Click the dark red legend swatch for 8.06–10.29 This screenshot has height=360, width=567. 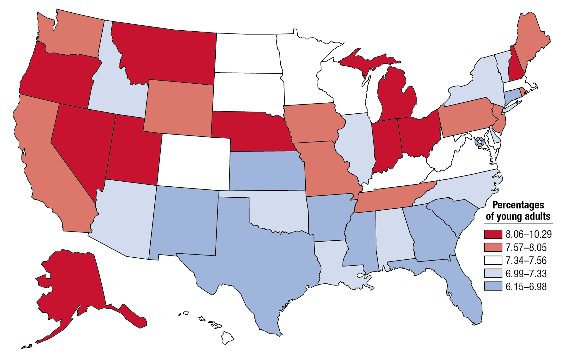(x=493, y=234)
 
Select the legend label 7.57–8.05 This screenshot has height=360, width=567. (x=526, y=247)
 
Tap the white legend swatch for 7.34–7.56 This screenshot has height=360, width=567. (x=493, y=260)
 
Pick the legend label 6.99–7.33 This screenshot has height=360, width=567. (x=526, y=273)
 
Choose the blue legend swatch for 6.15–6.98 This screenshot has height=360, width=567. (x=493, y=286)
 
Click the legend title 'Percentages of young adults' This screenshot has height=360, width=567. (x=518, y=211)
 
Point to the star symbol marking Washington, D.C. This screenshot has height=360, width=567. (x=480, y=141)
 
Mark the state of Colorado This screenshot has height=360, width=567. (x=194, y=161)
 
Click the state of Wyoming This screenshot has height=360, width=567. (x=178, y=107)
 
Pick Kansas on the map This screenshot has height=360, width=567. (x=267, y=171)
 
